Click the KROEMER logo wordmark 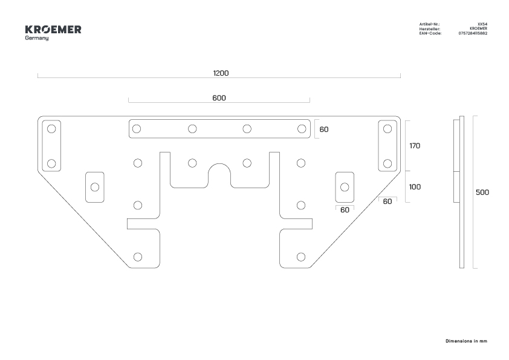click(53, 30)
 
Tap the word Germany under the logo click(37, 38)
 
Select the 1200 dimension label click(221, 73)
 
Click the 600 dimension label click(219, 98)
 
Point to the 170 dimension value click(415, 146)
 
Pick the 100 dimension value click(415, 187)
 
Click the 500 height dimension click(482, 192)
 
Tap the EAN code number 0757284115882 click(473, 33)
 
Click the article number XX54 click(482, 24)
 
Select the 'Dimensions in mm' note click(466, 341)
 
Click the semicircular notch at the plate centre click(219, 165)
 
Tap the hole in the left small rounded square click(95, 187)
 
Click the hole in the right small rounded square click(345, 187)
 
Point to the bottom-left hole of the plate click(138, 257)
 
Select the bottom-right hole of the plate click(301, 257)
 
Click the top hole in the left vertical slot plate click(51, 129)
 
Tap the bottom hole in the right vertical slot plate click(387, 163)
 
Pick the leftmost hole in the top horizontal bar click(137, 129)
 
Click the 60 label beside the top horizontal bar click(324, 129)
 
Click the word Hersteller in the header click(430, 29)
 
